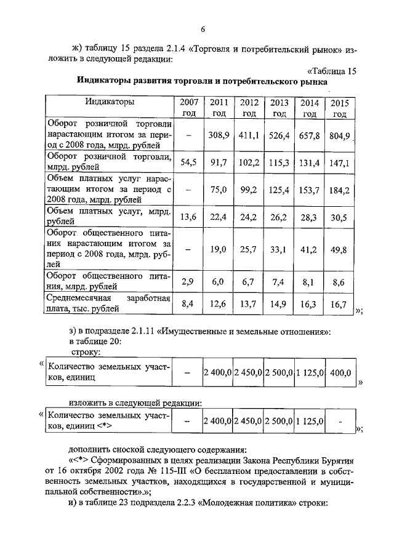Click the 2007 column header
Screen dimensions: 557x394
click(189, 108)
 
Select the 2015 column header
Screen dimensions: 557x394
click(339, 108)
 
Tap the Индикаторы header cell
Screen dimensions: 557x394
click(109, 102)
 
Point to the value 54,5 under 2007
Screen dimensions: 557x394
click(189, 162)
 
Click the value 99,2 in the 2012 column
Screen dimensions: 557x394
click(249, 191)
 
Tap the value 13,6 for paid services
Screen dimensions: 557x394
click(189, 217)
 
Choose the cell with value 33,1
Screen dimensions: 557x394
click(279, 249)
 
